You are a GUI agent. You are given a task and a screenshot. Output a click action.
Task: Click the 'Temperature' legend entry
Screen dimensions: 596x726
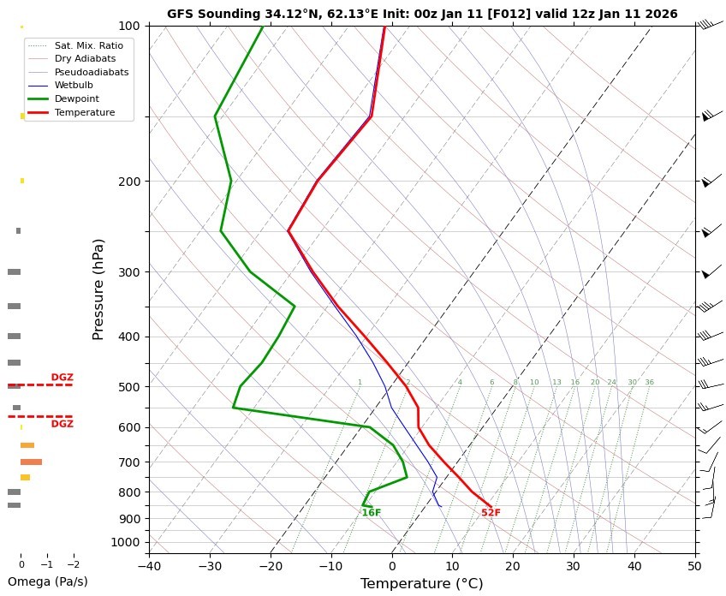pos(84,112)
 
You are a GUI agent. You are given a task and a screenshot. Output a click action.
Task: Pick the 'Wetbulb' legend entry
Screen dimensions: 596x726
pos(74,86)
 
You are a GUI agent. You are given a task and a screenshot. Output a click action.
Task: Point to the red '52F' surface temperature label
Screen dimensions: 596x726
pos(491,513)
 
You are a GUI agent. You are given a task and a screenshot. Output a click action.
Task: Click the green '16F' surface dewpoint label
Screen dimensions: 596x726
pos(371,513)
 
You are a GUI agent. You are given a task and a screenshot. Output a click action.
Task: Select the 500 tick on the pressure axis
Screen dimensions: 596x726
pos(129,387)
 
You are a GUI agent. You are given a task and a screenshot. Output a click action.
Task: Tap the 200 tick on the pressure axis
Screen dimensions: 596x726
pos(129,182)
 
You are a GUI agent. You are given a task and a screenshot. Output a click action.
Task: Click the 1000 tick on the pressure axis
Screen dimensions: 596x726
pos(127,542)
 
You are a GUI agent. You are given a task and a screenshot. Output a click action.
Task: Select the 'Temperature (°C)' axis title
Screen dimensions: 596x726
pos(421,583)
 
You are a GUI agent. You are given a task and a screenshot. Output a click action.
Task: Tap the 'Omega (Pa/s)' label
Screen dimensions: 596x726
pos(47,581)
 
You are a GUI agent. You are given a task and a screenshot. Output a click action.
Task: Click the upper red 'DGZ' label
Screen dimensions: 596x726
pos(62,377)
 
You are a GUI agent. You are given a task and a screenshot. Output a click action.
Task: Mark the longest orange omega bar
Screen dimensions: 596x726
pos(31,462)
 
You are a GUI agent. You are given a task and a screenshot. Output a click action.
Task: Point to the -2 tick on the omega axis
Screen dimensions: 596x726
pos(73,564)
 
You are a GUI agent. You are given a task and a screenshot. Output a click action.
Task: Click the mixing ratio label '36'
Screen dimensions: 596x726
pos(649,382)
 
